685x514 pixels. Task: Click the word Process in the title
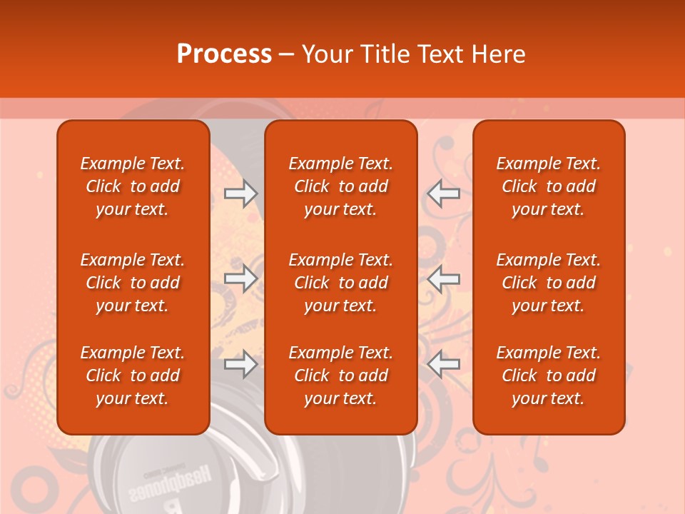pyautogui.click(x=224, y=54)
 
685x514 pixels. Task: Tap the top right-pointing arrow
pyautogui.click(x=241, y=193)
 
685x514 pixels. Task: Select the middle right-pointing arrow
pyautogui.click(x=241, y=278)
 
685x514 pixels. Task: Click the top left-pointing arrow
pyautogui.click(x=443, y=193)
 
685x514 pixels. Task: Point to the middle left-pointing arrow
pyautogui.click(x=443, y=278)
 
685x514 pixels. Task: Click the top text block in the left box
pyautogui.click(x=133, y=186)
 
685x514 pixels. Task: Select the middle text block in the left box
pyautogui.click(x=133, y=283)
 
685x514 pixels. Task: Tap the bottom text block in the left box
pyautogui.click(x=133, y=376)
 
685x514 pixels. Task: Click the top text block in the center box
pyautogui.click(x=340, y=186)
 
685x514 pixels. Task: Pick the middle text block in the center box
pyautogui.click(x=340, y=283)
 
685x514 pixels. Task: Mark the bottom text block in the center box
pyautogui.click(x=340, y=376)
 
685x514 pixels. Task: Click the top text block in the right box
pyautogui.click(x=548, y=186)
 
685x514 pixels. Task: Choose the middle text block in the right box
pyautogui.click(x=548, y=283)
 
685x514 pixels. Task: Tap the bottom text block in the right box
pyautogui.click(x=548, y=376)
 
